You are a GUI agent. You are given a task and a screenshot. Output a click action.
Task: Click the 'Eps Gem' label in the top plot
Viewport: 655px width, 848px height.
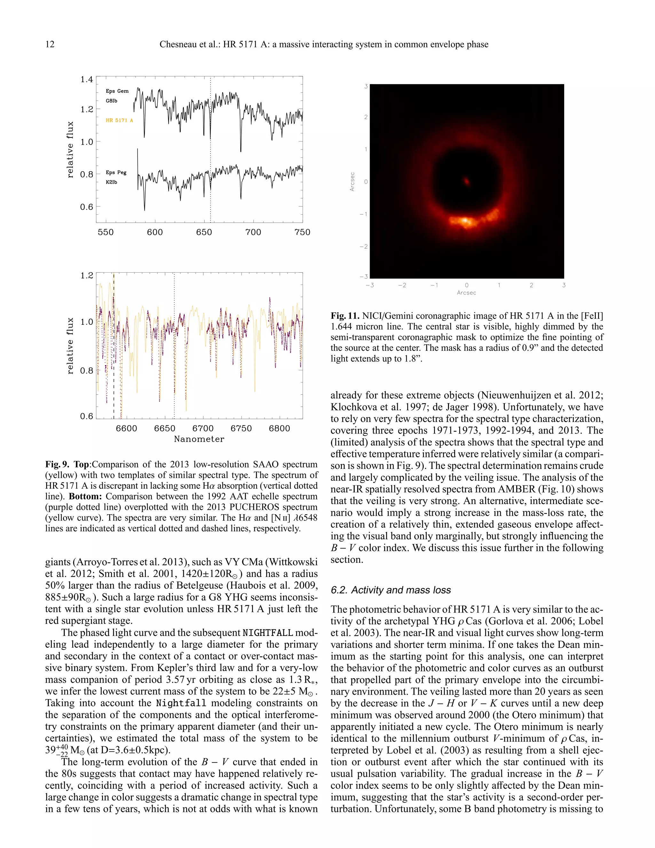coord(117,91)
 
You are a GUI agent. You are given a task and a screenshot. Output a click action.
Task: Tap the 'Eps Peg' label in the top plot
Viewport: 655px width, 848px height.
coord(116,172)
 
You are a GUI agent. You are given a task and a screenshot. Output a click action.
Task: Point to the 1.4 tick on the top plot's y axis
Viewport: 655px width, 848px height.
coord(87,80)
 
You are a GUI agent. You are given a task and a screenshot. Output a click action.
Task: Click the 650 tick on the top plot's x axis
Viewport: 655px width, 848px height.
coord(204,232)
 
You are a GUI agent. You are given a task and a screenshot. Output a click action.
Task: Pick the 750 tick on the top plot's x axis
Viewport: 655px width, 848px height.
coord(302,232)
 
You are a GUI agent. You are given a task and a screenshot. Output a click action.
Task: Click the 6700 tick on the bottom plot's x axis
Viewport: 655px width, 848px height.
coord(203,428)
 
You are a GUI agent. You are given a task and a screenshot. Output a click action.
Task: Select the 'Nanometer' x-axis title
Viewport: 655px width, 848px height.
coord(199,439)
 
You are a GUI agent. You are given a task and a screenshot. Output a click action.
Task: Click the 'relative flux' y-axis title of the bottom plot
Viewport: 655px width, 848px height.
coord(70,346)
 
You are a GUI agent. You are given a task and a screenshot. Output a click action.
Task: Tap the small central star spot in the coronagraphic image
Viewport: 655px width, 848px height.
coord(466,180)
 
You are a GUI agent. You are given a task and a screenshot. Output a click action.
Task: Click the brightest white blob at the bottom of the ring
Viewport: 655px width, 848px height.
coord(464,221)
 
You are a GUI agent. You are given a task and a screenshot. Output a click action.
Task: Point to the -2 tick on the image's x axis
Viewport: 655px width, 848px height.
coord(402,285)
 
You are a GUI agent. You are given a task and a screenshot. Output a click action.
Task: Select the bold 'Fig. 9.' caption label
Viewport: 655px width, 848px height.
coord(57,464)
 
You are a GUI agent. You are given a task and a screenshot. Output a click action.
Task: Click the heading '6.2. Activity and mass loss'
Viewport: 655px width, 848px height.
coord(391,590)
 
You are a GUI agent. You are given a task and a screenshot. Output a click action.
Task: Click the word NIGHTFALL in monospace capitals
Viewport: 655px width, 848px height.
coord(267,633)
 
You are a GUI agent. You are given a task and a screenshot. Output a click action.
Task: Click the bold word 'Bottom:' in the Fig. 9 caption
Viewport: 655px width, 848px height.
coord(85,497)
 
